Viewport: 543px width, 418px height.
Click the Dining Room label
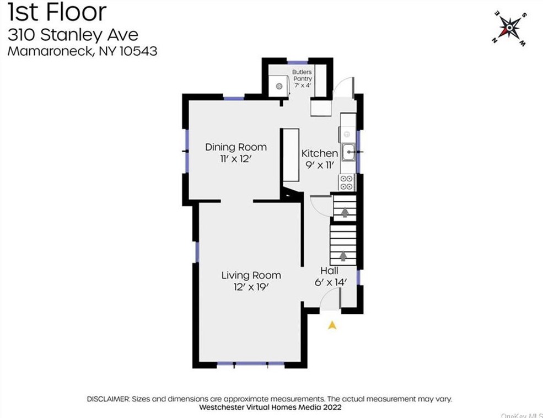click(236, 147)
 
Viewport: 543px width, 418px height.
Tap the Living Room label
click(251, 275)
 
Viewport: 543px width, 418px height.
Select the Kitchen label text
click(319, 153)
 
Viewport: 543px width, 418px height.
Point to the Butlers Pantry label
click(302, 75)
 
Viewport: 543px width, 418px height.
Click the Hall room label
click(329, 270)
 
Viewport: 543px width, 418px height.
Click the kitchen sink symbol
click(348, 152)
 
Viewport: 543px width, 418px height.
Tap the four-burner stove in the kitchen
click(347, 183)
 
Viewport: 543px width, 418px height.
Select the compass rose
click(509, 28)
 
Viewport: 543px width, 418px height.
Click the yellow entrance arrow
click(332, 325)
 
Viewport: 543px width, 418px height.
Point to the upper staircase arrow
click(345, 212)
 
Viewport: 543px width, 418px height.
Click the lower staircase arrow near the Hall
click(343, 256)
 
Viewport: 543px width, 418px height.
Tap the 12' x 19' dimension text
click(251, 287)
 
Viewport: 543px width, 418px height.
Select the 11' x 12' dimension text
click(236, 159)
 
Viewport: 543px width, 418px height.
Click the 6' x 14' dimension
click(330, 282)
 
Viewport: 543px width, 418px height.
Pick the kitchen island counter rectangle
click(291, 155)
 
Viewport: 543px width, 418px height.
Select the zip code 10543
click(138, 51)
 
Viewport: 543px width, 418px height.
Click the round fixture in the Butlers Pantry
click(279, 86)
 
